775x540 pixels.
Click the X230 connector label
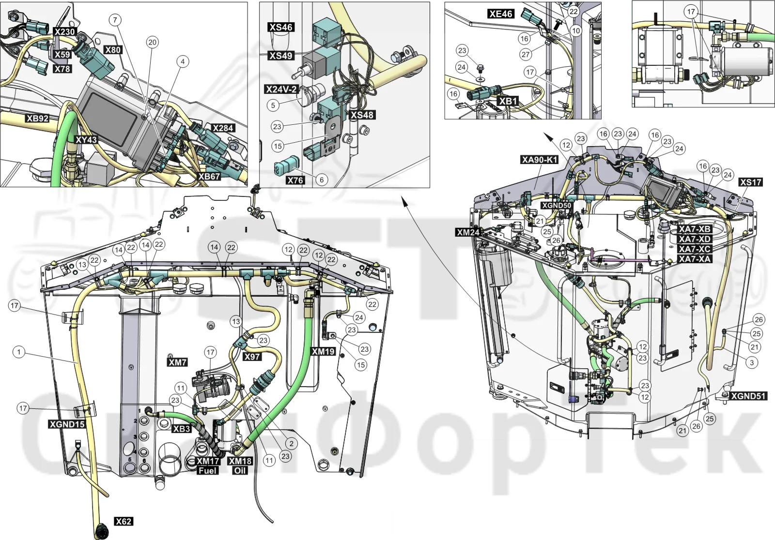point(65,32)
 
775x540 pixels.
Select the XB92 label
point(38,119)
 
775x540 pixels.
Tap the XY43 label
point(87,140)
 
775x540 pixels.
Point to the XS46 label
point(280,27)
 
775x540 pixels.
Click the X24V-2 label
point(281,89)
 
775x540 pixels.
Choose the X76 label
point(295,180)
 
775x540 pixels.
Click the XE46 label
point(501,14)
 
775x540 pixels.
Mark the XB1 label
point(508,101)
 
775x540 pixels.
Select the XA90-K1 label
point(540,159)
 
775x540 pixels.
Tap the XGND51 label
point(748,396)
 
